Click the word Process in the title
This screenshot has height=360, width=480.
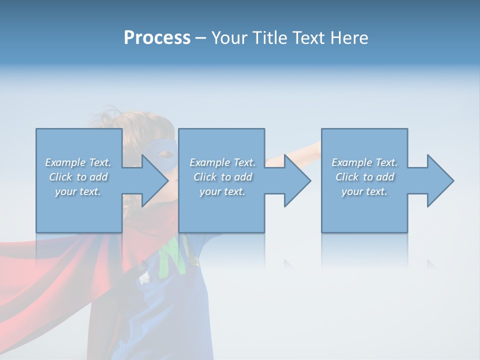[157, 38]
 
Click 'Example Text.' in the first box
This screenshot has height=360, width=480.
[78, 162]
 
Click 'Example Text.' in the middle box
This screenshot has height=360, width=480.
[222, 162]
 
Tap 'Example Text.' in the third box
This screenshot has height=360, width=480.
[364, 162]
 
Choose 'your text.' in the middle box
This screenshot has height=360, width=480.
[222, 191]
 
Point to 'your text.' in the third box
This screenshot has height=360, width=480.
[364, 191]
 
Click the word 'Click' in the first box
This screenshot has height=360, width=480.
[60, 177]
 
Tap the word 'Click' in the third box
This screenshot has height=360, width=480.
[347, 177]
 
